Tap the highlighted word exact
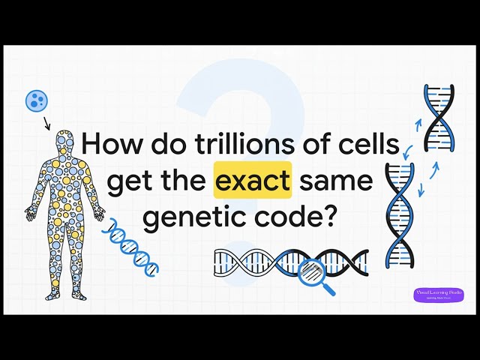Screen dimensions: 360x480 point(253,181)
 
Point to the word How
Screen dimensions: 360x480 point(107,143)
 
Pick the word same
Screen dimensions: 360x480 point(335,181)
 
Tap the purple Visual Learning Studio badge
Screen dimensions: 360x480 point(439,294)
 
